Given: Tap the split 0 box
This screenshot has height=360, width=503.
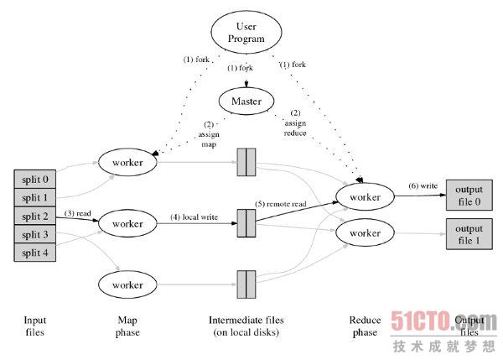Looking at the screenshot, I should click(36, 180).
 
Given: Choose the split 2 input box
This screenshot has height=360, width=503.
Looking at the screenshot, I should click(36, 216).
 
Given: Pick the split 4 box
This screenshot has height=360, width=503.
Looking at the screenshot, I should click(36, 252).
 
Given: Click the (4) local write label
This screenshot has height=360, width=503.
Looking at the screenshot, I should click(194, 217).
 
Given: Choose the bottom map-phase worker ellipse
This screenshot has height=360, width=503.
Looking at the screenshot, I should click(127, 285).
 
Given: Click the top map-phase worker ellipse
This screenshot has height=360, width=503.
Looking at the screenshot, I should click(127, 160).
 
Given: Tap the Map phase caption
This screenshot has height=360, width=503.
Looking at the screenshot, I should click(127, 326).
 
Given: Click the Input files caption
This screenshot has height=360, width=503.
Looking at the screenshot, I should click(36, 326).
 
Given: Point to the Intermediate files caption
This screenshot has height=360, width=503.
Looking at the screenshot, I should click(246, 326).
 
